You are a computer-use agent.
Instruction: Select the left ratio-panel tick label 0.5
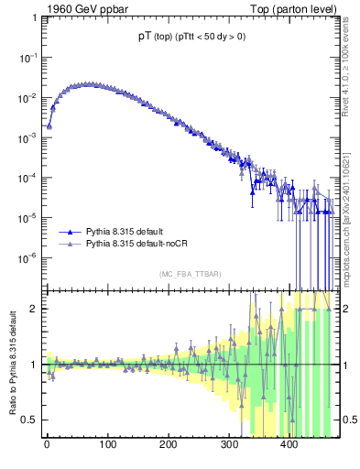click(31, 420)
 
